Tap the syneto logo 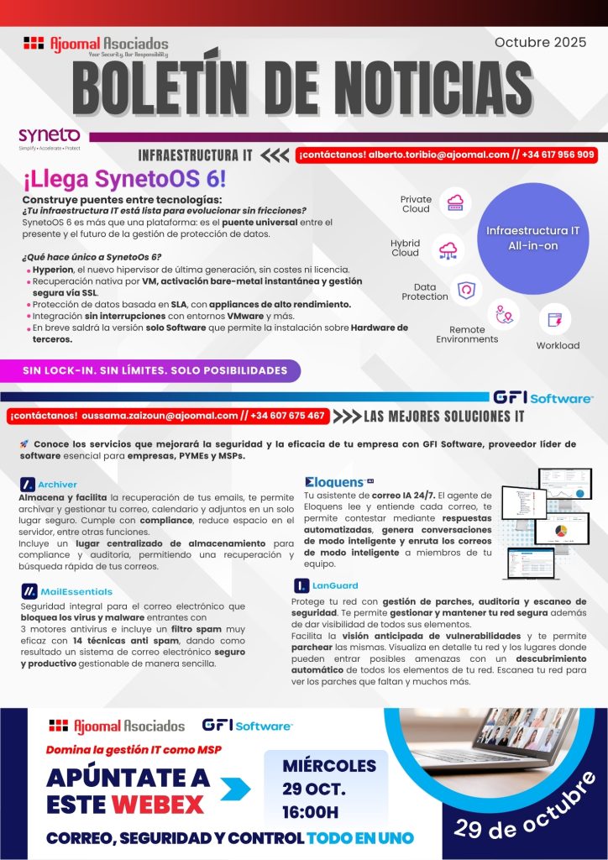50,136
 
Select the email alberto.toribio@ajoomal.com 439,155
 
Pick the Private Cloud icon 456,202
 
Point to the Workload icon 555,319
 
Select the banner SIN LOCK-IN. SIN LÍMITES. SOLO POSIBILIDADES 154,370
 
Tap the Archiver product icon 28,485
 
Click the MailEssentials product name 76,592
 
